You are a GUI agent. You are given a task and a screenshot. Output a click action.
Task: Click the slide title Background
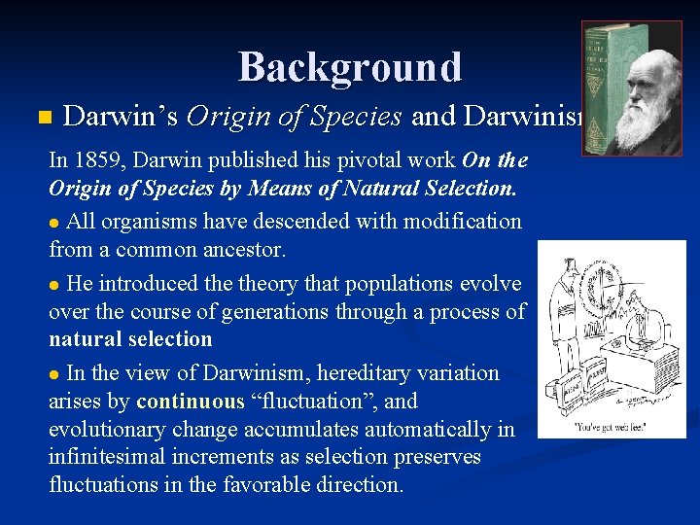(x=350, y=67)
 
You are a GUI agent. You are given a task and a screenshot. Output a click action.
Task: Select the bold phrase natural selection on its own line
(x=130, y=338)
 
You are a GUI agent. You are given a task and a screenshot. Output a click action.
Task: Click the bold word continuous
(x=192, y=400)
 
